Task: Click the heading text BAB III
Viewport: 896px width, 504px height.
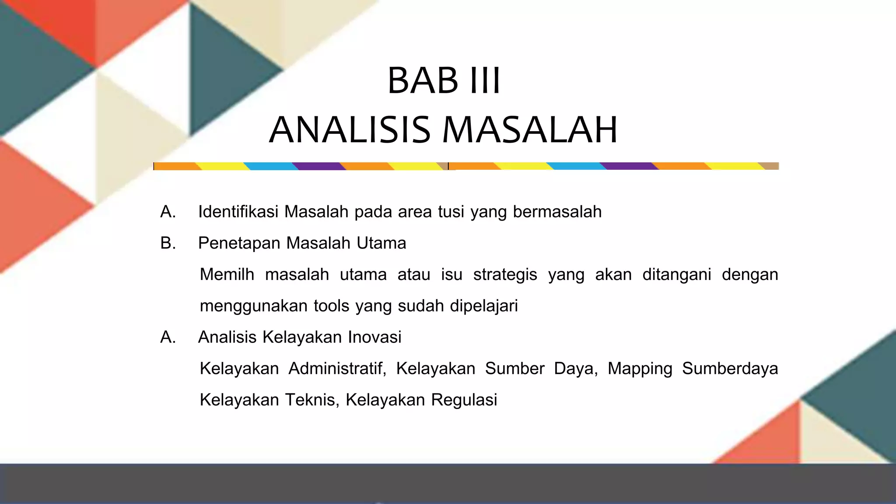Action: click(x=444, y=80)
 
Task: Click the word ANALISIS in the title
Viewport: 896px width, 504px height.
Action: click(x=350, y=130)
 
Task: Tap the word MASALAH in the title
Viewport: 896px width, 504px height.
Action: click(x=530, y=130)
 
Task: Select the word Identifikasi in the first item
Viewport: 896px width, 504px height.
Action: click(x=238, y=212)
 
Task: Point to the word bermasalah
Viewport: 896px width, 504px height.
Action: click(x=557, y=212)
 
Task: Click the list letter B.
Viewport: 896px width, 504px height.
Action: click(x=168, y=243)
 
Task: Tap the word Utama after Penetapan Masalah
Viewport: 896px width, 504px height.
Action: click(x=381, y=243)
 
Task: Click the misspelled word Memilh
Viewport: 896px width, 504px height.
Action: click(x=227, y=275)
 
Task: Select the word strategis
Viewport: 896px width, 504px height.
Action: click(x=505, y=275)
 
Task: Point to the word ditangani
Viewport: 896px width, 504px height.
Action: click(x=676, y=275)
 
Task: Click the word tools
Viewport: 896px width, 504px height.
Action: click(x=332, y=306)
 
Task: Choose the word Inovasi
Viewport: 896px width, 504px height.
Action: click(x=374, y=337)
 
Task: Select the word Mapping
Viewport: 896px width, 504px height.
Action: click(x=640, y=369)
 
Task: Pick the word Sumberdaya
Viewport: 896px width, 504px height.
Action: click(x=730, y=369)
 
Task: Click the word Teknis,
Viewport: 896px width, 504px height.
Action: click(x=312, y=400)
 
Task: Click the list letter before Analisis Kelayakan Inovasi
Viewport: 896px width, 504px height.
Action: click(x=168, y=337)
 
